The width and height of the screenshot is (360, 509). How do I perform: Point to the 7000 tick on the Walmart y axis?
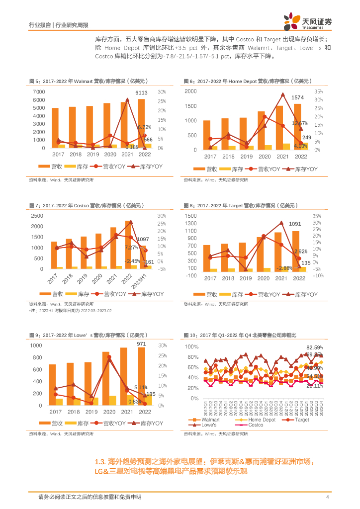tap(39, 92)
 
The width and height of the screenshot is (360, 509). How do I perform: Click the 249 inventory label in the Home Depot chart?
tap(307, 138)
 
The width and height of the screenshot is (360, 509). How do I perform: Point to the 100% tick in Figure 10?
tap(191, 346)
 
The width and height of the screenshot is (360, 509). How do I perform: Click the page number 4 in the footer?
tap(328, 497)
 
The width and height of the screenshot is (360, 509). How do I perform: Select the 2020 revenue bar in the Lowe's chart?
tap(106, 378)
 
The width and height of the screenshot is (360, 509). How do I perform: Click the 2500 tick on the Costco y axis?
tap(36, 216)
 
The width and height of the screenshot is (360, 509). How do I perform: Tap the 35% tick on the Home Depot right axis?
tap(319, 91)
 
